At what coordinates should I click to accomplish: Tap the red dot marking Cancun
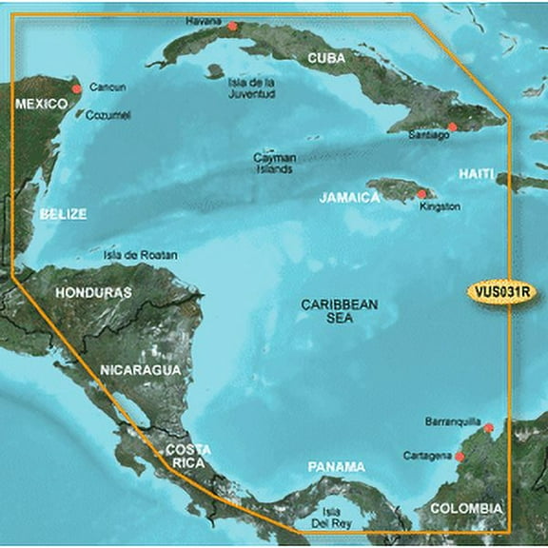pyautogui.click(x=76, y=88)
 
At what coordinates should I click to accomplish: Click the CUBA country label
pyautogui.click(x=327, y=59)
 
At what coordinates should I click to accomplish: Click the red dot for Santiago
pyautogui.click(x=453, y=126)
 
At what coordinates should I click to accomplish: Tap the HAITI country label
pyautogui.click(x=477, y=174)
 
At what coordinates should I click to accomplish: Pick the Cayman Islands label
pyautogui.click(x=274, y=163)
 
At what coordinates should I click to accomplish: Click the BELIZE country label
pyautogui.click(x=64, y=214)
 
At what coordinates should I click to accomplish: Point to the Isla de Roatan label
pyautogui.click(x=140, y=255)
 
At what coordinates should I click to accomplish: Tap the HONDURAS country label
pyautogui.click(x=93, y=292)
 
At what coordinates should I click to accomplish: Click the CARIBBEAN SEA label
pyautogui.click(x=340, y=311)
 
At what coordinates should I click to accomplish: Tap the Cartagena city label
pyautogui.click(x=427, y=456)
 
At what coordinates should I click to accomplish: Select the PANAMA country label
pyautogui.click(x=337, y=466)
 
